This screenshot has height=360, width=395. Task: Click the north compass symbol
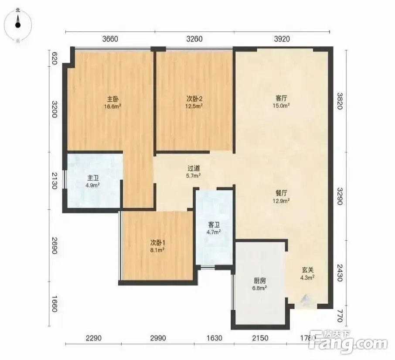18,25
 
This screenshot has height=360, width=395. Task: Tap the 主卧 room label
113,99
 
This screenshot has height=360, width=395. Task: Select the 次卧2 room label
194,99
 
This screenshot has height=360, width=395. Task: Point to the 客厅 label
281,98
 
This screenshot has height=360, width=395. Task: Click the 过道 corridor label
194,168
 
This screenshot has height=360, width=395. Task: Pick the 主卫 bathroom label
93,178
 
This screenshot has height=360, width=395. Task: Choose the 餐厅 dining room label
281,193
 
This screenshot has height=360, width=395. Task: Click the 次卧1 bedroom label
158,243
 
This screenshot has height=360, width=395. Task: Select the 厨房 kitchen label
259,281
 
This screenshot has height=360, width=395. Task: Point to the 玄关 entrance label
308,270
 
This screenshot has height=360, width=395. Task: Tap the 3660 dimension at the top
110,39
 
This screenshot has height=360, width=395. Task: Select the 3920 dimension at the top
282,39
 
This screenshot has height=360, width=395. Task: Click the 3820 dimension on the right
340,101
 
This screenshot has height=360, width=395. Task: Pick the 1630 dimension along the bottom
215,338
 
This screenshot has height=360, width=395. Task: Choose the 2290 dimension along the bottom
93,338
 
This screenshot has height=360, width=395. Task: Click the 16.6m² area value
113,106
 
